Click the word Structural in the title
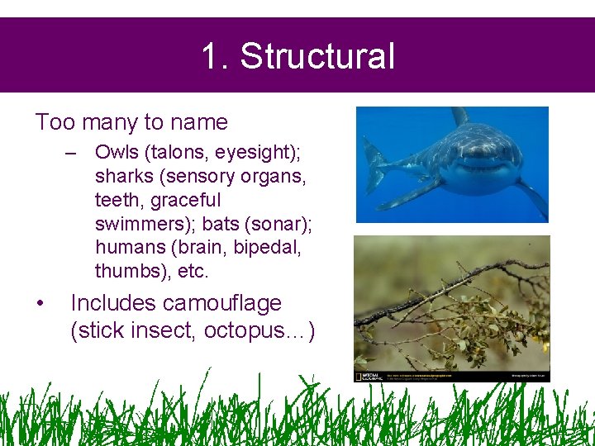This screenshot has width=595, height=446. (x=317, y=56)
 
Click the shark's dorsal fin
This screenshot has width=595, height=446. (x=459, y=116)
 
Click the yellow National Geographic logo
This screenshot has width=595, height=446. (x=359, y=376)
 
